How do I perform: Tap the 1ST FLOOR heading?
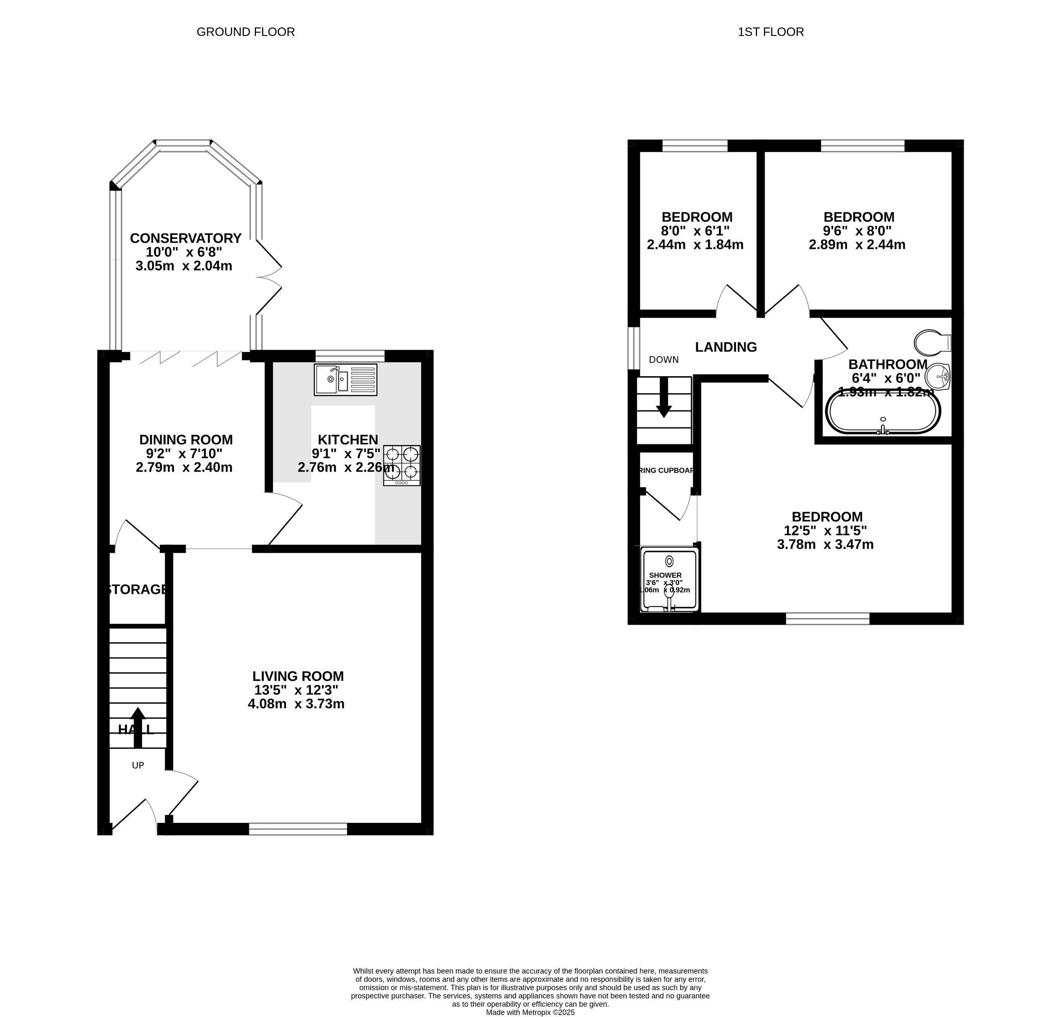(x=770, y=32)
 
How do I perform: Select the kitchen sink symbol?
(x=345, y=379)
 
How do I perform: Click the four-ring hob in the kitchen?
(x=402, y=465)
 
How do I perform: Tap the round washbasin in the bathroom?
(x=937, y=376)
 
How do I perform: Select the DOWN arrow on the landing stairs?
(x=664, y=398)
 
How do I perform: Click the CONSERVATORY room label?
(x=185, y=238)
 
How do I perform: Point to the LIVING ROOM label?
(x=298, y=676)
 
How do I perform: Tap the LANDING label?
(x=726, y=347)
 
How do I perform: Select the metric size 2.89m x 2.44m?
(x=857, y=245)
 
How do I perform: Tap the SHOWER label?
(x=665, y=575)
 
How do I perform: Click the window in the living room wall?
(x=298, y=829)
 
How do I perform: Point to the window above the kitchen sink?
(x=350, y=356)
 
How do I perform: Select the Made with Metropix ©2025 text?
(x=530, y=1012)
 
